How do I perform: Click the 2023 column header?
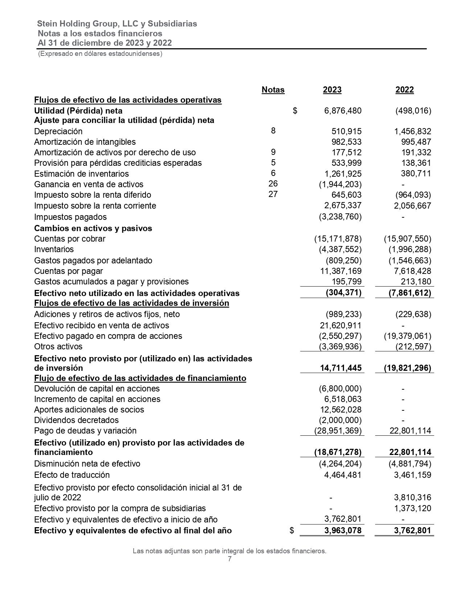coord(332,90)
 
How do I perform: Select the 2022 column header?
coord(404,90)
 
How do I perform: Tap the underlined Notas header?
coord(273,90)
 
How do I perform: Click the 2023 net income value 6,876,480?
coord(343,111)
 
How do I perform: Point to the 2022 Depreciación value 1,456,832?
coord(413,131)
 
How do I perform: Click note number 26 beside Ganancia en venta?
coord(273,184)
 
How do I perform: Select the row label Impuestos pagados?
coord(70,217)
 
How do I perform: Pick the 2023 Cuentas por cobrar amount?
coord(338,239)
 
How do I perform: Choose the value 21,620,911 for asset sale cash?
coord(340,325)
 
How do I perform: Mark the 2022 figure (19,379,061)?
coord(407,336)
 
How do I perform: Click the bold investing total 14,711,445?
coord(341,368)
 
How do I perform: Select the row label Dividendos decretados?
coord(76,420)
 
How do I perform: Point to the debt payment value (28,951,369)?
coord(338,431)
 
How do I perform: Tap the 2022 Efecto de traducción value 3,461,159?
coord(413,475)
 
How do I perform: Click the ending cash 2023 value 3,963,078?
coord(343,530)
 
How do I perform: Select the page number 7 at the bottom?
coord(230,559)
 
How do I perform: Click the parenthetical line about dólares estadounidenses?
coord(100,54)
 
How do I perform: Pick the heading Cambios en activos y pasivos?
coord(93,228)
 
